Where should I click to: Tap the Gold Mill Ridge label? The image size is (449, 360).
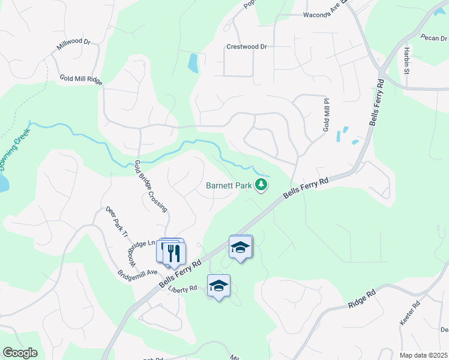coord(81,79)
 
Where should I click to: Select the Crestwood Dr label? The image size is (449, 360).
coord(246,46)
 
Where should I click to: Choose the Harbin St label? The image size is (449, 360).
coord(406,61)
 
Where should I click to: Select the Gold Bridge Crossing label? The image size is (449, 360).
coord(151,185)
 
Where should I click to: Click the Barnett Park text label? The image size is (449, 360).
coord(229,185)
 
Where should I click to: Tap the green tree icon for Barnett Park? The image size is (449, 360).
coord(261,185)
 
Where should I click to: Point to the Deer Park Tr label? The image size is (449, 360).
coord(117,221)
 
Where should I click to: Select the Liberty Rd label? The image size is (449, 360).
coord(182,289)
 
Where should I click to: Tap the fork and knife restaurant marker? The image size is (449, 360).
coord(174,251)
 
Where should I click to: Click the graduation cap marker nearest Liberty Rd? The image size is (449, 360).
coord(218,286)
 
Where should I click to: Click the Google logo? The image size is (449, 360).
coord(19,353)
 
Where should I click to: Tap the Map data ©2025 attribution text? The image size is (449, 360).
coord(423,355)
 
